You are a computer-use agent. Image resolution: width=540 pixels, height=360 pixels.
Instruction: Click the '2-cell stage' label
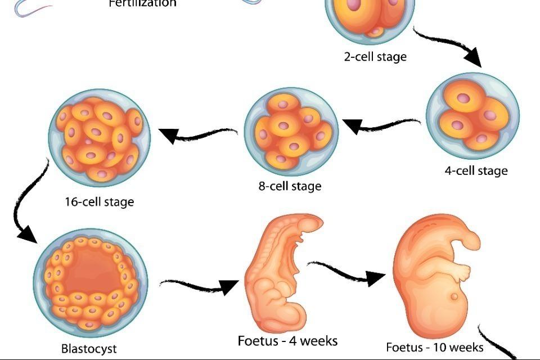point(375,57)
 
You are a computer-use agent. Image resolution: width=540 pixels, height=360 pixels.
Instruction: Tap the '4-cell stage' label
point(476,170)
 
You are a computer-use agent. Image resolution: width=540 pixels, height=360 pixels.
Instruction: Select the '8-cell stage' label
point(290,186)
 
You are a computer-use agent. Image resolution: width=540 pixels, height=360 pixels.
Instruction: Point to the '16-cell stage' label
point(99,201)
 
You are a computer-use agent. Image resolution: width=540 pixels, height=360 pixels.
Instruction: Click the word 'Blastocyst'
point(89,349)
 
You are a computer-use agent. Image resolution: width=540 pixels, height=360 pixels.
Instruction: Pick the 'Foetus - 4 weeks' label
point(287,341)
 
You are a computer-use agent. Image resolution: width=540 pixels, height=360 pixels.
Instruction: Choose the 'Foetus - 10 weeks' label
point(434,347)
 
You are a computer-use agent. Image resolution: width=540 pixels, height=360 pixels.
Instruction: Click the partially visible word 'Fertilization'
point(142,3)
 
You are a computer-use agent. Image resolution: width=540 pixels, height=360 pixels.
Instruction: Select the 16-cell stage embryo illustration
point(99,138)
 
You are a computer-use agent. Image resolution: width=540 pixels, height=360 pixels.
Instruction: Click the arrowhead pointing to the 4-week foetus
point(228,287)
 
